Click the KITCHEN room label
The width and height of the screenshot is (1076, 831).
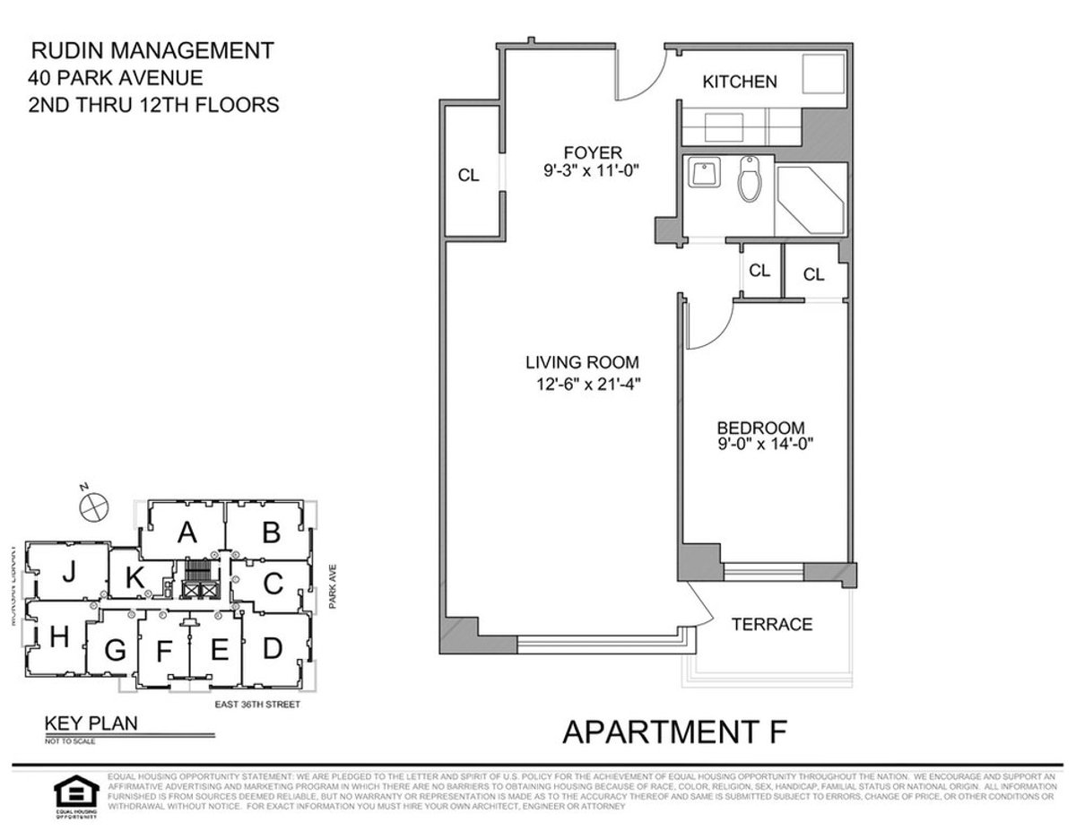click(x=739, y=82)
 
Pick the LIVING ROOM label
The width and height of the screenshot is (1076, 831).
click(x=582, y=363)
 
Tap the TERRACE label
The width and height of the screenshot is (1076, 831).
click(x=772, y=624)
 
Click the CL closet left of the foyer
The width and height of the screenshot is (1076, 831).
click(x=468, y=176)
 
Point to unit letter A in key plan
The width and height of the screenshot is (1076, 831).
click(x=187, y=533)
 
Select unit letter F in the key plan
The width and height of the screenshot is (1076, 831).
click(x=163, y=652)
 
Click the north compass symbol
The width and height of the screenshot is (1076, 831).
click(x=93, y=506)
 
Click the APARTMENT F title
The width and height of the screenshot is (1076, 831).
click(x=674, y=731)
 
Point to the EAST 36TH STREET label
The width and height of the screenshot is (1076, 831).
click(x=256, y=705)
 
